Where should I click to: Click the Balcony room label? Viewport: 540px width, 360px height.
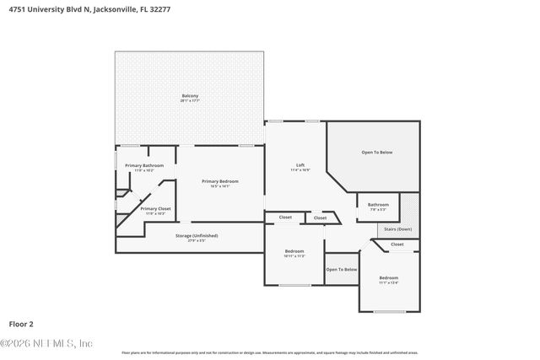190,95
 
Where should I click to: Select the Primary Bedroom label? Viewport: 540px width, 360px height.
219,181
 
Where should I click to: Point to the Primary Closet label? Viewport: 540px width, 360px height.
155,208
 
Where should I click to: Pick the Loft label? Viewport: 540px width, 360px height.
300,164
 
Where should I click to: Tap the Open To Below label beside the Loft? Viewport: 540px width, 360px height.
377,152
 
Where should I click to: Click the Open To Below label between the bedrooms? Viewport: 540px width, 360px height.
342,269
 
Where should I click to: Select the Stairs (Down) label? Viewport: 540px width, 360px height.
398,228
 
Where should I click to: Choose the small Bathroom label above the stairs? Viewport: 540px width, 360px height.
378,204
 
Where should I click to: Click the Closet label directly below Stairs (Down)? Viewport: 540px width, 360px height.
397,244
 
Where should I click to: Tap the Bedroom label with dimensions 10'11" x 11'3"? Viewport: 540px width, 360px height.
294,251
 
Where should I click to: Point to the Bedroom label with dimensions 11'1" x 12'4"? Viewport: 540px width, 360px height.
388,277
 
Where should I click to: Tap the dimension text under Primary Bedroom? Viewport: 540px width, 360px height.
219,186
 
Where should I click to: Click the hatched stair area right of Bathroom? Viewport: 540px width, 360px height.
408,208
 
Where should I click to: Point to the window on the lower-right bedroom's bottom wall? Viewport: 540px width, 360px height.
389,311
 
